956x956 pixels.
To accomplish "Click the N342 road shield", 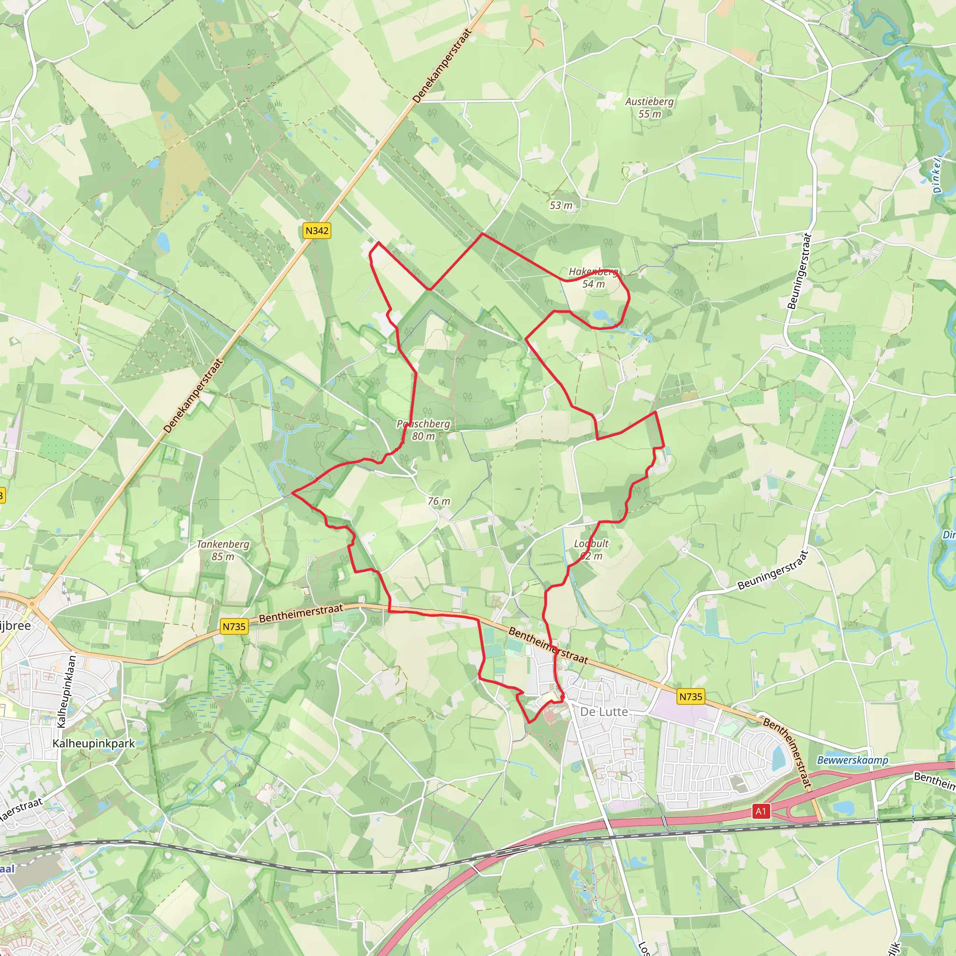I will (316, 231).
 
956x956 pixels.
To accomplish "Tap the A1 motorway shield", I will (760, 811).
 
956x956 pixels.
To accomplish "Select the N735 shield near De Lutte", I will (690, 697).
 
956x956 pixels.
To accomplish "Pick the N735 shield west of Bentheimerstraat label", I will (234, 626).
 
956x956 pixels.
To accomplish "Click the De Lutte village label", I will (604, 711).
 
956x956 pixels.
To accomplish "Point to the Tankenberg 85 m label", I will (223, 550).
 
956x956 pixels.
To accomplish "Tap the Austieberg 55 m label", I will (649, 107).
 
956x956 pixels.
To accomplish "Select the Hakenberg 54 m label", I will (593, 278).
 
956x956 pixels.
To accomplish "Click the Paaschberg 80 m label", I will (423, 429).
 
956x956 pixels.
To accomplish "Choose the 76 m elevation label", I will (439, 501).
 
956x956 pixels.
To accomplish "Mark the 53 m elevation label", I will (561, 205).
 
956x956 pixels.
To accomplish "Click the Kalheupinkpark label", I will (93, 744).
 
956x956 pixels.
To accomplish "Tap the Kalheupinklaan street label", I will (68, 691).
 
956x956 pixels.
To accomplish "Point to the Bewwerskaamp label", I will (852, 760).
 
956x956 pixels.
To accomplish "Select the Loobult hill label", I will (591, 549).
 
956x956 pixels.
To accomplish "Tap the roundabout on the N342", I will (32, 604).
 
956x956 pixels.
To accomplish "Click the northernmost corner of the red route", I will (483, 233).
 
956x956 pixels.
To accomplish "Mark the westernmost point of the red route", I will (292, 493).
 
